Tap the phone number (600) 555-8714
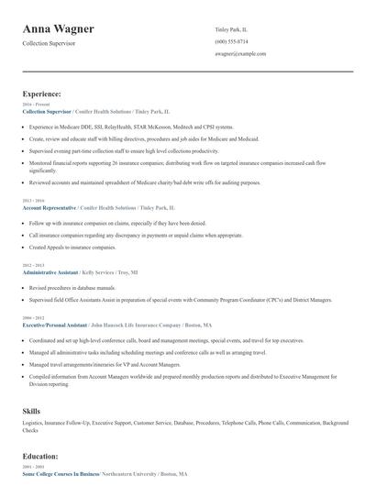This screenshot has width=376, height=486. click(x=231, y=42)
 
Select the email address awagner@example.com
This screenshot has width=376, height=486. click(x=241, y=54)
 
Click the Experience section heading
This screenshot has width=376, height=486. click(x=42, y=94)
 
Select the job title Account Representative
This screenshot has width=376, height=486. click(x=49, y=208)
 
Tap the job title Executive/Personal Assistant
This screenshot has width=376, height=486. click(x=53, y=326)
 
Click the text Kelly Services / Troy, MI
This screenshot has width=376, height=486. click(x=112, y=273)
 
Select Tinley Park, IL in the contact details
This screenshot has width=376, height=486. click(x=231, y=29)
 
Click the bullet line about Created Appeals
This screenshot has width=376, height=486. click(x=72, y=248)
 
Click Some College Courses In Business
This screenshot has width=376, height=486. click(x=61, y=473)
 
